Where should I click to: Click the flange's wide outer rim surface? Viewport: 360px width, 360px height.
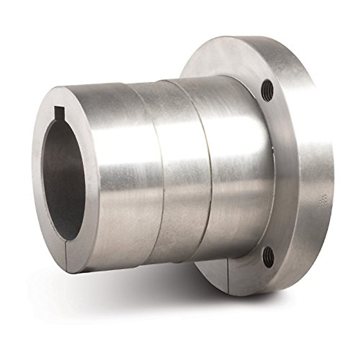pyautogui.click(x=315, y=150)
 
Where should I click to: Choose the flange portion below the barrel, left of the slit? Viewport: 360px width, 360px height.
pyautogui.click(x=210, y=267)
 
